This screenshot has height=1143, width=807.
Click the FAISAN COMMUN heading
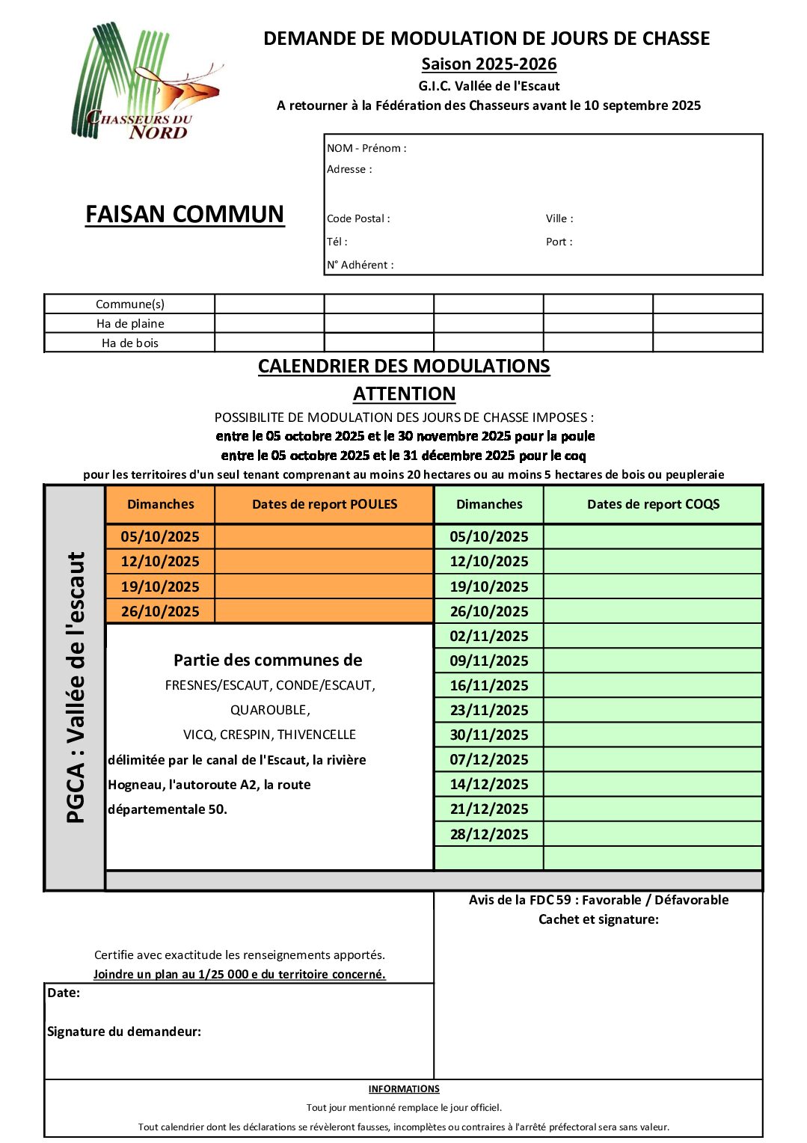click(185, 215)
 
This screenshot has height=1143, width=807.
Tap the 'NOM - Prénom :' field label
click(366, 148)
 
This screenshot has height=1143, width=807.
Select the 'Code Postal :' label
click(358, 218)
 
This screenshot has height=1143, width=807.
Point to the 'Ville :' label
click(559, 218)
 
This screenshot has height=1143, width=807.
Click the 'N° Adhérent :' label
click(360, 265)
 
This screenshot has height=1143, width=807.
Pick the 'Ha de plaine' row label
click(130, 323)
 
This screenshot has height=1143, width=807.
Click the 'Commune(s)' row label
click(130, 304)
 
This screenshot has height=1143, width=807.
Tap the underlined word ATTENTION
click(404, 393)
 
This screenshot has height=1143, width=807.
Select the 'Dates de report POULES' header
click(325, 504)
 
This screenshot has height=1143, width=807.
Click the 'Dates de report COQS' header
click(653, 504)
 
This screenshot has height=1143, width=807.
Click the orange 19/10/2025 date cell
click(160, 586)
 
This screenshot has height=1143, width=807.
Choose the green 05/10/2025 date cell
click(489, 536)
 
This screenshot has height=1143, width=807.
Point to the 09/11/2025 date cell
click(489, 661)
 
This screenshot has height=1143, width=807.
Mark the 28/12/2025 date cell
click(489, 834)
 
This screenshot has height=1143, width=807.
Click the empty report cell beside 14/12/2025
click(653, 784)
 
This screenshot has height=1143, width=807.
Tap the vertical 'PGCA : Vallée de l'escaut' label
click(76, 687)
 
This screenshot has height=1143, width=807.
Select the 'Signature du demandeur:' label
click(124, 1032)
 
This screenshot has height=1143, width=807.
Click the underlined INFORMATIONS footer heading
click(404, 1089)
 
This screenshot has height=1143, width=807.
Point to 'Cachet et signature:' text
click(598, 919)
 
